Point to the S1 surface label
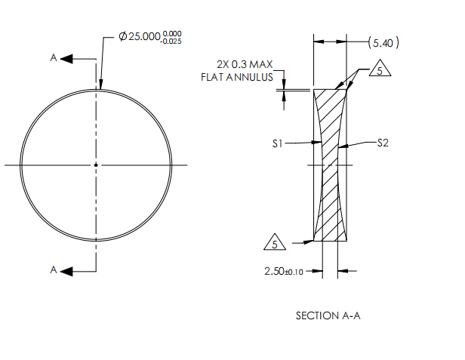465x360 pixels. click(278, 142)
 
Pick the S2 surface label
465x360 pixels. click(383, 142)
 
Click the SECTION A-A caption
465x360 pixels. click(328, 315)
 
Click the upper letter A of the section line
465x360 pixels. click(54, 58)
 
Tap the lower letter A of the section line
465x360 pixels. click(54, 270)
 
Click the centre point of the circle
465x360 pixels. click(96, 165)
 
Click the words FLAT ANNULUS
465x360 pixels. click(236, 77)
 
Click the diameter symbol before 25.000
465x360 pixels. click(122, 36)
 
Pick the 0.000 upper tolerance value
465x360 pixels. click(173, 32)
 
